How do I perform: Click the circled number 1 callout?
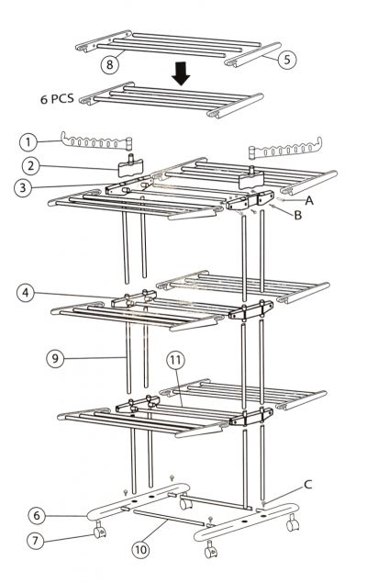pyautogui.click(x=28, y=142)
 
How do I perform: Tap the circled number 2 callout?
pyautogui.click(x=31, y=166)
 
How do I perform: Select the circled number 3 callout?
pyautogui.click(x=23, y=188)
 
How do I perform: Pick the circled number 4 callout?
pyautogui.click(x=26, y=293)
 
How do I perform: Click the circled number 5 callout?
pyautogui.click(x=287, y=60)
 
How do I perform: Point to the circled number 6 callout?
pyautogui.click(x=37, y=516)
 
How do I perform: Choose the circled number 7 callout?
pyautogui.click(x=36, y=540)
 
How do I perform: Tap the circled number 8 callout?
pyautogui.click(x=109, y=64)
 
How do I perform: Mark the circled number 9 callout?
pyautogui.click(x=55, y=358)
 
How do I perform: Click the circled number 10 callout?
pyautogui.click(x=141, y=550)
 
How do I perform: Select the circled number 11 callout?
pyautogui.click(x=176, y=360)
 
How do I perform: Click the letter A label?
pyautogui.click(x=309, y=201)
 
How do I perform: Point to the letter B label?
pyautogui.click(x=297, y=216)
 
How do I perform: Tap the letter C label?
pyautogui.click(x=308, y=485)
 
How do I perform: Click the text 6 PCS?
pyautogui.click(x=57, y=99)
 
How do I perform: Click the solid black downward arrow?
pyautogui.click(x=181, y=73)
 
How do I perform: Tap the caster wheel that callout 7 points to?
pyautogui.click(x=100, y=530)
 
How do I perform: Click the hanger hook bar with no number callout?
pyautogui.click(x=285, y=149)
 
